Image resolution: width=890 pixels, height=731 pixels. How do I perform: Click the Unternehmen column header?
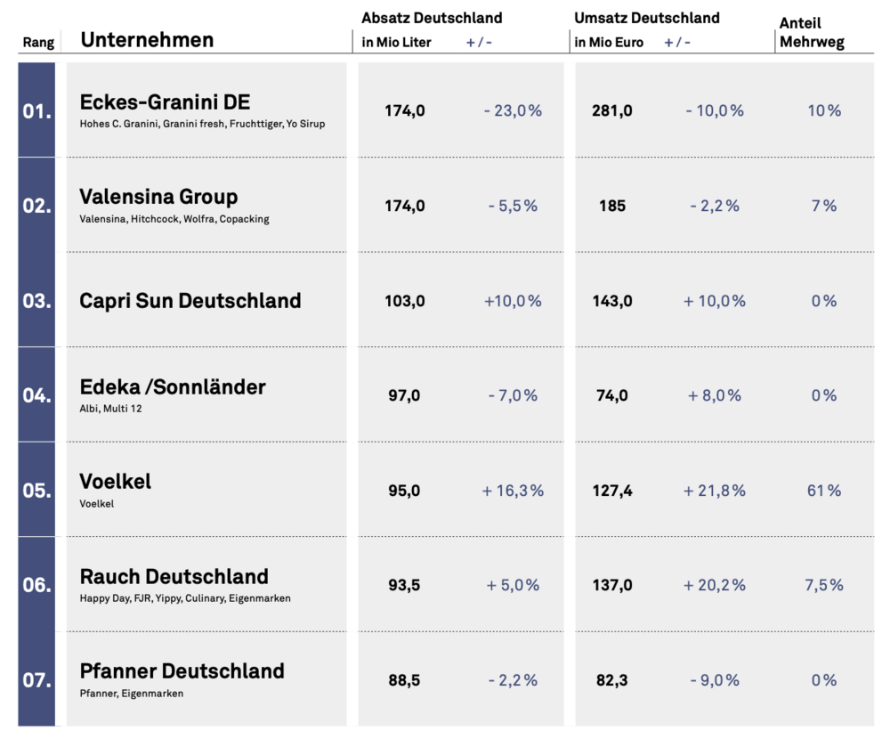coord(147,40)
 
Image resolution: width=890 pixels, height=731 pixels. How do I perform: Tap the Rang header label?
coord(38,43)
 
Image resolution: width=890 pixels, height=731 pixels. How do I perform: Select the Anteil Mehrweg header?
coord(812,32)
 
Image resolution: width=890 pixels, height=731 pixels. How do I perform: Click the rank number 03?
coord(36,300)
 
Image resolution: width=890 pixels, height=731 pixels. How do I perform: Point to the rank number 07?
coord(36,680)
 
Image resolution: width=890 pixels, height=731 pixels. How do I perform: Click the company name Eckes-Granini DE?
coord(165,102)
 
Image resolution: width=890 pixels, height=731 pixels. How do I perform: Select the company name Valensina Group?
coord(158,197)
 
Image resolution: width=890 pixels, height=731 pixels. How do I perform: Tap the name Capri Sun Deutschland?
coord(190,301)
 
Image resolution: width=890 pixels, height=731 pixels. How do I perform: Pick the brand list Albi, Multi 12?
coord(110,409)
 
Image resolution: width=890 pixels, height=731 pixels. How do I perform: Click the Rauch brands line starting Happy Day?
coord(185,598)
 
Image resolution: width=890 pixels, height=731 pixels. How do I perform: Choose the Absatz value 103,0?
coord(405,301)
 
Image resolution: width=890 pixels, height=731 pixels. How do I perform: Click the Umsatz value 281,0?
coord(612,110)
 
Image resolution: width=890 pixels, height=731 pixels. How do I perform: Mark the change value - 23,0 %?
coord(513,110)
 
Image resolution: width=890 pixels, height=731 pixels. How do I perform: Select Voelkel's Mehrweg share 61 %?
coord(824,491)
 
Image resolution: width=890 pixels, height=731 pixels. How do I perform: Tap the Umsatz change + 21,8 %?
coord(714,491)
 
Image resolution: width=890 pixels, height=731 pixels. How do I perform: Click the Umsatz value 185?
coord(612,206)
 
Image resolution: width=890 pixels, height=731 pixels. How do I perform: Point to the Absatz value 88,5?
coord(404,680)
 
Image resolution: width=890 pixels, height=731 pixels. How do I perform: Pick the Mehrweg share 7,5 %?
coord(824,585)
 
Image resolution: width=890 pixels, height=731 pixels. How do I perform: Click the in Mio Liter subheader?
coord(396,43)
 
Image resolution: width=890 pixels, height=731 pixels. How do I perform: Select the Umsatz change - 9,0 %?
coord(715,680)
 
